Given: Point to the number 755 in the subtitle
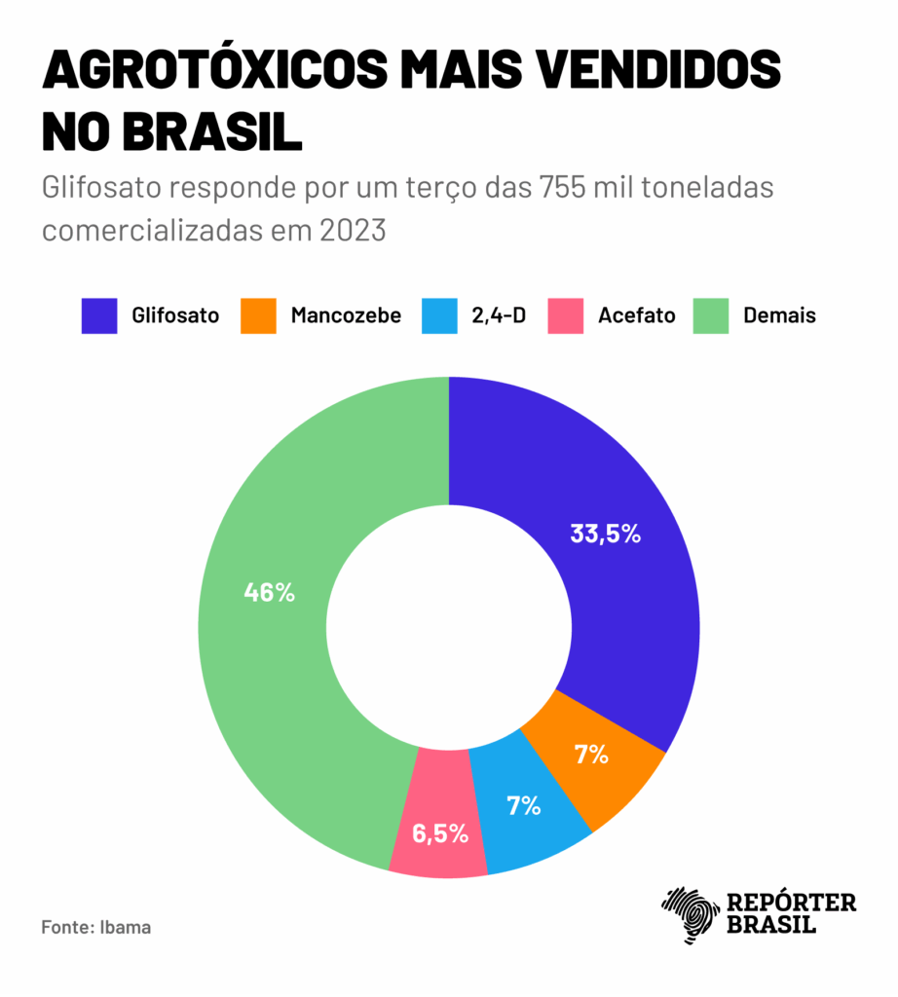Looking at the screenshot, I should tap(558, 187).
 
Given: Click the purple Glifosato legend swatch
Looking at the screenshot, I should tap(99, 315).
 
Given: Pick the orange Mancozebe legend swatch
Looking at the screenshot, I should tap(258, 315).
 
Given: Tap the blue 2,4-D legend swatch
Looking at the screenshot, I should tap(439, 315).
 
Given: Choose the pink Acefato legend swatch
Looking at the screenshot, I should tap(565, 315).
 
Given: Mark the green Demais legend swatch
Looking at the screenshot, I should tap(711, 315).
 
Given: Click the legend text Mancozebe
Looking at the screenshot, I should tap(346, 315).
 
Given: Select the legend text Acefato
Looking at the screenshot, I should tap(637, 315).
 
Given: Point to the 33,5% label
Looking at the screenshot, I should tap(606, 534).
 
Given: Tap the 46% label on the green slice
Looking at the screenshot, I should tap(269, 592).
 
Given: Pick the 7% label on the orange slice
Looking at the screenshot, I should tap(591, 754).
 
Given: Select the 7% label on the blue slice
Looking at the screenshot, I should tap(523, 805).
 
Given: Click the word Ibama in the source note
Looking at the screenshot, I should tap(127, 926).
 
